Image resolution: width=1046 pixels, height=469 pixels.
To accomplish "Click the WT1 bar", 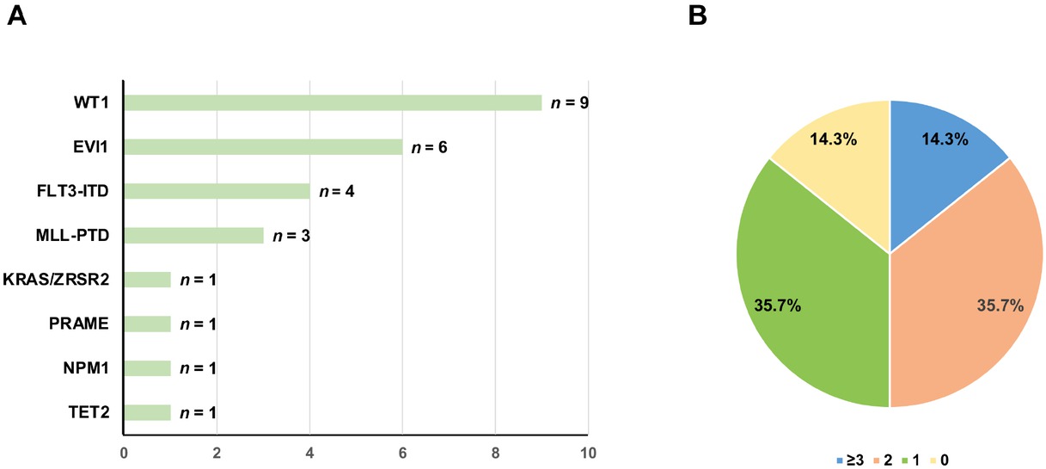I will click(333, 103).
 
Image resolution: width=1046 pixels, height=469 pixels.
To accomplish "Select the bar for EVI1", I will click(263, 147).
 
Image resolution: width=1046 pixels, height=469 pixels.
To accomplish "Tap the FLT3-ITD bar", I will click(217, 191).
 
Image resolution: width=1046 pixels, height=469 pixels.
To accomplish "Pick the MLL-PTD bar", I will click(193, 236).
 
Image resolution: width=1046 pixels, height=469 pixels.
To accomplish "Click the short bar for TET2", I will click(147, 412).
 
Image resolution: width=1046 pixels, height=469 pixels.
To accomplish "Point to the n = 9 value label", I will click(571, 103).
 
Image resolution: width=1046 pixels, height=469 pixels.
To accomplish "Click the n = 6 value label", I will click(431, 147).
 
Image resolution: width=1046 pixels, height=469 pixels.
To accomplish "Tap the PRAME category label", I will click(84, 324).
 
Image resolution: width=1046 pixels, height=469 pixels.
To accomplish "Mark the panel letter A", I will click(16, 15).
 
